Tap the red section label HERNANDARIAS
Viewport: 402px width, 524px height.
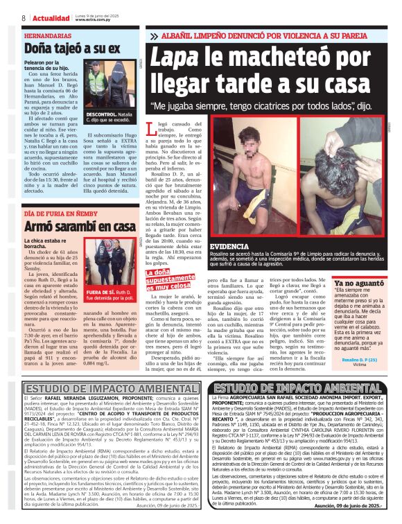coord(47,35)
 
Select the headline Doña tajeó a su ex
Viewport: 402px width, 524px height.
coord(72,49)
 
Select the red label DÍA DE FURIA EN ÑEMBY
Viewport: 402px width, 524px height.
coord(61,213)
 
